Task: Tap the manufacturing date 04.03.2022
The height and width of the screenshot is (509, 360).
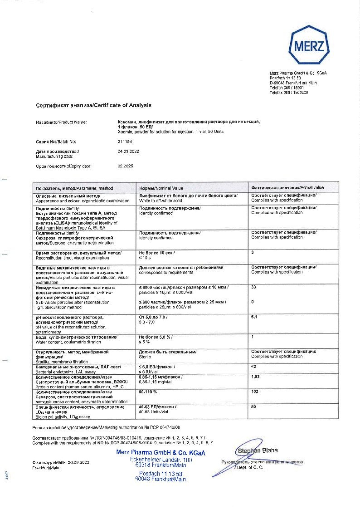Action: coord(128,151)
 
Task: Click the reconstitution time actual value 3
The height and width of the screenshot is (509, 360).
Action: coord(253,252)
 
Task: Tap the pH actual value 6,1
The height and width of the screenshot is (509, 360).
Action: coord(254,317)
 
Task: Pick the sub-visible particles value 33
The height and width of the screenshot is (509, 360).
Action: coord(253,287)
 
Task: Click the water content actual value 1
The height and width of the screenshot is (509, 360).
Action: coord(253,337)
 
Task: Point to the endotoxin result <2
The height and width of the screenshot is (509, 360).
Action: coord(254,366)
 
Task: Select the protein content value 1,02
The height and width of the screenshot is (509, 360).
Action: coord(255,377)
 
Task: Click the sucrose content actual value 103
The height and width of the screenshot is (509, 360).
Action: coord(255,391)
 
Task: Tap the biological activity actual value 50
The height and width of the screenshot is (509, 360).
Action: coord(253,407)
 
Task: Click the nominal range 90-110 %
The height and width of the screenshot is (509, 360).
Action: coord(148,391)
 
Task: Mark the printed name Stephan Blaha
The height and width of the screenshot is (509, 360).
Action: coord(258,450)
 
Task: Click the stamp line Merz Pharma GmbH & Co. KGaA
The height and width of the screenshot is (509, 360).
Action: coord(161,453)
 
